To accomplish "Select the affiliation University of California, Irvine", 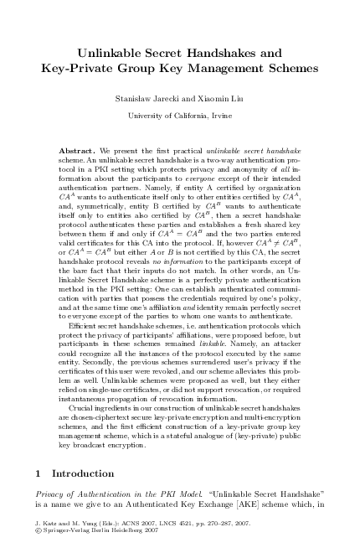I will click(180, 115).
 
